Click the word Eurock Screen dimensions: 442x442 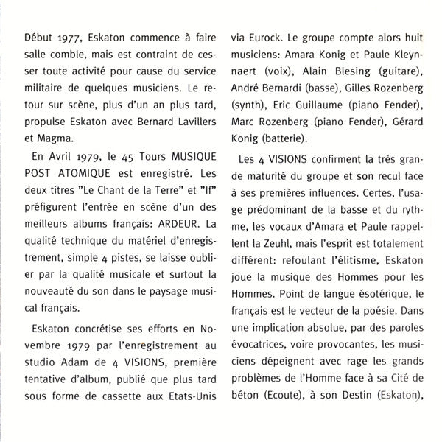point(267,38)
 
